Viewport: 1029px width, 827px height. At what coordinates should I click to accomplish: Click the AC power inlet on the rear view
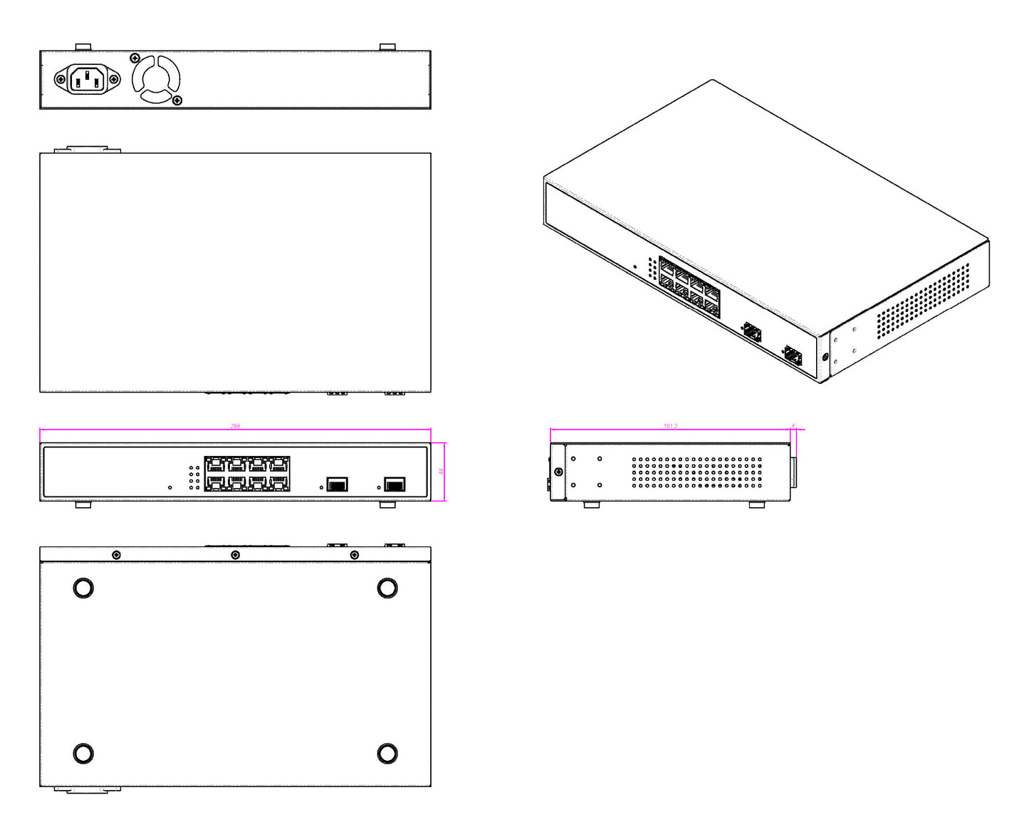[87, 79]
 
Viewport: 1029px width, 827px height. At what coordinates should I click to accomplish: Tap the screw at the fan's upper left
[135, 58]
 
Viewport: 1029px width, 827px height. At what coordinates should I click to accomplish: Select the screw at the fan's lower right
[177, 100]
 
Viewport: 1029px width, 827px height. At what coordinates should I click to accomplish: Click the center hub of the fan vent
[156, 79]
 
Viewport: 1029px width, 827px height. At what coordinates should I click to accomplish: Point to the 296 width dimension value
[235, 426]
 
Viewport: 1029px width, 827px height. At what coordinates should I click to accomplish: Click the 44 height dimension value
[442, 472]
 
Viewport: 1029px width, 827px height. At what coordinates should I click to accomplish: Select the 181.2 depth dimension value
[670, 426]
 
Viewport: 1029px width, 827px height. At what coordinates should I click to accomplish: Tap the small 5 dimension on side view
[793, 426]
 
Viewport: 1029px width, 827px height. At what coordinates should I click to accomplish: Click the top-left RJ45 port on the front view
[215, 464]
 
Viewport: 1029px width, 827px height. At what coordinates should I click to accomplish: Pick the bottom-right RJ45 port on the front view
[279, 483]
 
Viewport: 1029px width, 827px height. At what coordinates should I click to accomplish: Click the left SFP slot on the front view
[337, 485]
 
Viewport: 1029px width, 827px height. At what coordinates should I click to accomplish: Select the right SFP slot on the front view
[395, 485]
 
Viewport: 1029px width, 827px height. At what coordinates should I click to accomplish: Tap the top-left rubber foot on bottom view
[83, 588]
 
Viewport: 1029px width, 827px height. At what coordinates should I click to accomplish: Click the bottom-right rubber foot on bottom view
[387, 753]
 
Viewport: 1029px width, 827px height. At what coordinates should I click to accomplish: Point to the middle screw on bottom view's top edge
[235, 555]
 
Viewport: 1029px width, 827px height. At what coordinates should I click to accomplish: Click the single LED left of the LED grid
[169, 488]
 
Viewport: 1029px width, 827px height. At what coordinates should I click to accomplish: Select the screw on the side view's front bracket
[558, 472]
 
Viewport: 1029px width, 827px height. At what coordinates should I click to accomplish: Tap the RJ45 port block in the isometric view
[689, 287]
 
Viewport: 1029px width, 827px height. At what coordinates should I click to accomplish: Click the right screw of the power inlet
[113, 79]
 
